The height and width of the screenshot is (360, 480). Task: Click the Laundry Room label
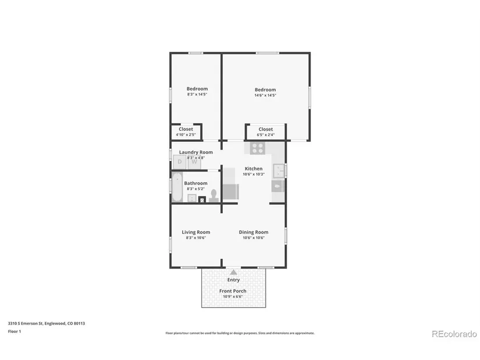pos(196,152)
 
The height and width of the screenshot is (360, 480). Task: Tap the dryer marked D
pos(180,162)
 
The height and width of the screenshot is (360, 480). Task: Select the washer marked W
pos(194,162)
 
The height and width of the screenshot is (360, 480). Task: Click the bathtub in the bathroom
pos(177,187)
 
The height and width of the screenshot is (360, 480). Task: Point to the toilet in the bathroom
pos(214,196)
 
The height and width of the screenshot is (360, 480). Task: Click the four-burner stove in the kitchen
pos(258,148)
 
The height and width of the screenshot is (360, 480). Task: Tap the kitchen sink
pos(279,171)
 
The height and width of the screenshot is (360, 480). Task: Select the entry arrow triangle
pos(233,272)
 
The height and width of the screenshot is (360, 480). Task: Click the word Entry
pos(233,280)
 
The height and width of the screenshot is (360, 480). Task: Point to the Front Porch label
pos(233,291)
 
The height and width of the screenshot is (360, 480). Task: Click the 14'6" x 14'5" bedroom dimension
pos(265,95)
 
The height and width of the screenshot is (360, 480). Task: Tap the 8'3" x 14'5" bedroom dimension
pos(197,94)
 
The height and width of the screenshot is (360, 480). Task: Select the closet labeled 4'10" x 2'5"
pos(186,132)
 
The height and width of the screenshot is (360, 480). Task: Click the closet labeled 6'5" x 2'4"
pos(266,132)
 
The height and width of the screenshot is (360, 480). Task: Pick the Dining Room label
pos(254,232)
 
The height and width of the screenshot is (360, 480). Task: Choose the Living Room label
pos(196,232)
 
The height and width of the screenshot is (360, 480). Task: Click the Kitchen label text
pos(254,169)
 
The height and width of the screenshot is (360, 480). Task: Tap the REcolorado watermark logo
pos(454,334)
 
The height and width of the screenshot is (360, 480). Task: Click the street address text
pos(47,323)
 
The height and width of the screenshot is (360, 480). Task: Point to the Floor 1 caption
pos(15,332)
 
